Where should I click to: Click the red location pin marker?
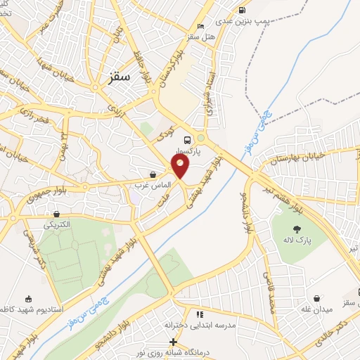[181, 165]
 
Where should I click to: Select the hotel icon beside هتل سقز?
[201, 27]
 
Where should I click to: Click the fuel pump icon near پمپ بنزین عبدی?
[243, 11]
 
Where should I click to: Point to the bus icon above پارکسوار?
[186, 139]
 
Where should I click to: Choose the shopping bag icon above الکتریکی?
[56, 214]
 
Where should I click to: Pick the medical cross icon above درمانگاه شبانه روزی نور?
[174, 341]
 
